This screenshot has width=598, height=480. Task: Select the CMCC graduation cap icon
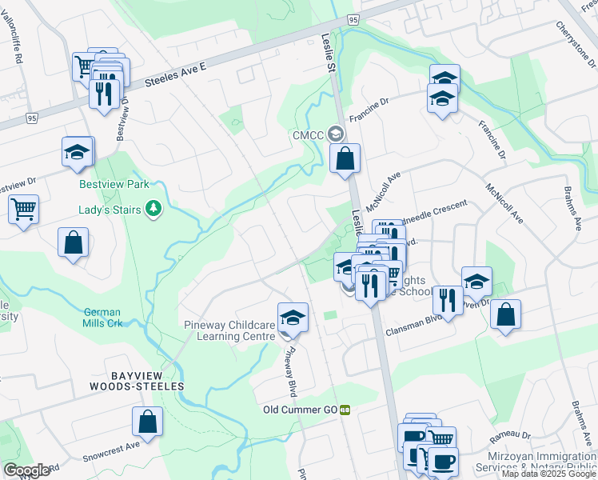pos(337,134)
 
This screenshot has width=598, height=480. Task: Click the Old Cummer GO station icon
pos(345,410)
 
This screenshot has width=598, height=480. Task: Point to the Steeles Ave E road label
pos(176,76)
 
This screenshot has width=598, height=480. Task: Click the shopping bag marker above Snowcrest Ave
pos(148,422)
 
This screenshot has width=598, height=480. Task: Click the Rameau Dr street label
pos(507,434)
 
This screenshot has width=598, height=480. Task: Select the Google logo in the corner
pos(26,470)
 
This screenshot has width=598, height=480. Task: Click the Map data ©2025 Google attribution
pos(548,474)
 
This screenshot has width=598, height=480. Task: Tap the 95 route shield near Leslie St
pos(353,19)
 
